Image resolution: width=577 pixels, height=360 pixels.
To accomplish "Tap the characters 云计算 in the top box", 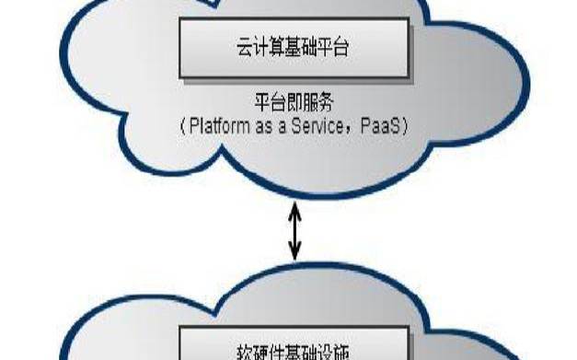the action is click(256, 48).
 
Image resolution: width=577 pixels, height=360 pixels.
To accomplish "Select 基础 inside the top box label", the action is click(294, 48).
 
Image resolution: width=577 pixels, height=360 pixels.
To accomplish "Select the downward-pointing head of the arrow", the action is click(295, 253).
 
